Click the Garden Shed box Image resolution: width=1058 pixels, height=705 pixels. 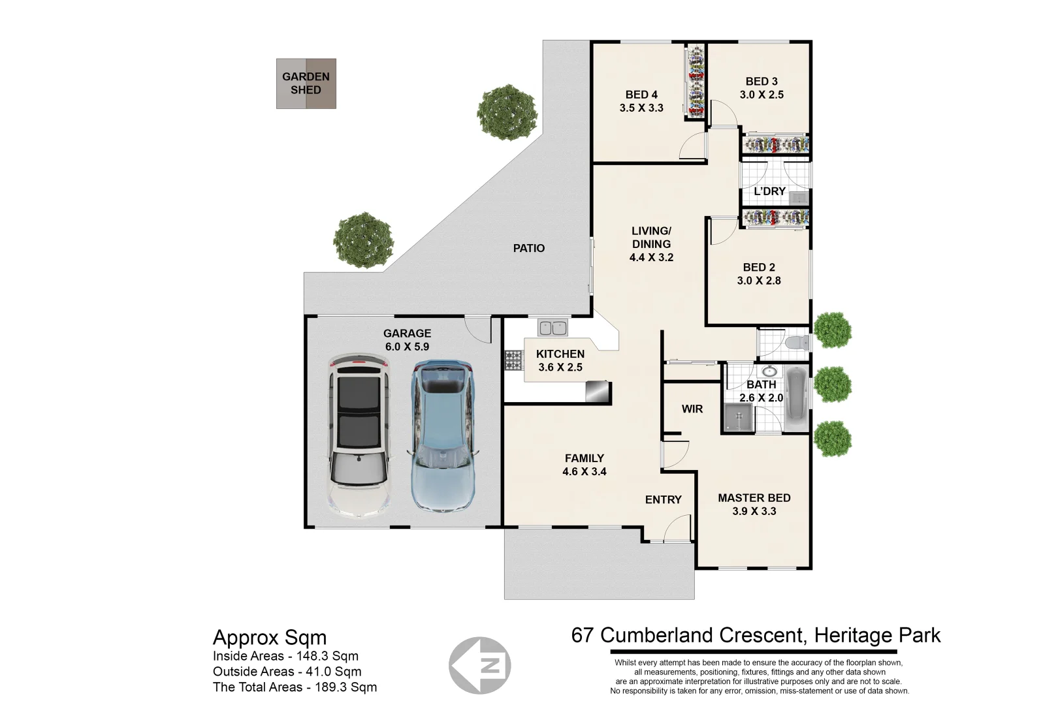click(x=306, y=84)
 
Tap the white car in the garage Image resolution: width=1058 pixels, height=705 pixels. click(x=359, y=436)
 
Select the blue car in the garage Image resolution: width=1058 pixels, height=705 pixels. click(x=442, y=436)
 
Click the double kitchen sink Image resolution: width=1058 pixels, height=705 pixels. click(x=553, y=328)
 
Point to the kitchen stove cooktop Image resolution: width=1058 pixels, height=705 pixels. click(x=513, y=360)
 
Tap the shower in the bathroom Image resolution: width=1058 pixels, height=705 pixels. click(x=738, y=418)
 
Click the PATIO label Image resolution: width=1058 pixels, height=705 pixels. click(x=528, y=248)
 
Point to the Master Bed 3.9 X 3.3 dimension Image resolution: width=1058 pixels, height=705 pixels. click(x=754, y=511)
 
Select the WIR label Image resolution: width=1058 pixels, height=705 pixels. click(x=692, y=409)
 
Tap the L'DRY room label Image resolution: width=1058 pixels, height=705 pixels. click(x=769, y=191)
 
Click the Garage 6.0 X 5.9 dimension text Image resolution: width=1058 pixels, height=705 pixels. click(x=407, y=347)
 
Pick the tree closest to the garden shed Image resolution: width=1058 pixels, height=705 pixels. click(x=507, y=112)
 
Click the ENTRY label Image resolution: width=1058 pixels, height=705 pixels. click(x=663, y=499)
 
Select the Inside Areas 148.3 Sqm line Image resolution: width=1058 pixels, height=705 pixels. click(x=285, y=656)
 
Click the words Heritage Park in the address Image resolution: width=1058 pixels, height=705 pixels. click(x=874, y=635)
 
